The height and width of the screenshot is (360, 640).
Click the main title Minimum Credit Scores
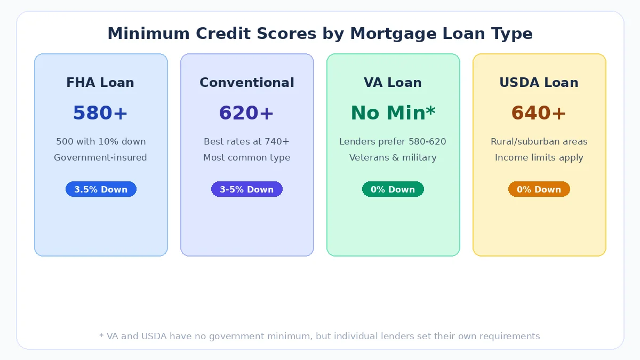click(320, 34)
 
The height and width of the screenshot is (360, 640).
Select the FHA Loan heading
click(100, 83)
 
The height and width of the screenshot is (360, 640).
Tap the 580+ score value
click(100, 113)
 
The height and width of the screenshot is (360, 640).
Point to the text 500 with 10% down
click(101, 141)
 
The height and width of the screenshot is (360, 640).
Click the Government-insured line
click(100, 157)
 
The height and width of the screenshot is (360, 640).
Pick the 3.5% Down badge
click(101, 189)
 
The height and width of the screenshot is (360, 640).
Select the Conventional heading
click(247, 83)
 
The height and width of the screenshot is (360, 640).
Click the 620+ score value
click(246, 113)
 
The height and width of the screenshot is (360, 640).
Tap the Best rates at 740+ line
click(246, 141)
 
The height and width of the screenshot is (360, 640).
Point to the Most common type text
click(246, 157)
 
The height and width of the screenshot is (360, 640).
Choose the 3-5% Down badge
click(246, 189)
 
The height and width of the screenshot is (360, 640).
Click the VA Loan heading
click(393, 83)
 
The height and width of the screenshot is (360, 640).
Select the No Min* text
click(393, 113)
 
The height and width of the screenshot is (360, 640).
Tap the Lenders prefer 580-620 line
click(393, 141)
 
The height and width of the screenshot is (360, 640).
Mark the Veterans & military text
click(393, 157)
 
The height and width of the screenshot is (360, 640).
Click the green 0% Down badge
click(393, 189)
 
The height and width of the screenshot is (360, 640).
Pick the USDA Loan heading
click(539, 83)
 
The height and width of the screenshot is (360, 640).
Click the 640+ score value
click(539, 113)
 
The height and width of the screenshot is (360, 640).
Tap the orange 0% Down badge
click(539, 189)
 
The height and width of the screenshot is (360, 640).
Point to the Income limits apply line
click(539, 157)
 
